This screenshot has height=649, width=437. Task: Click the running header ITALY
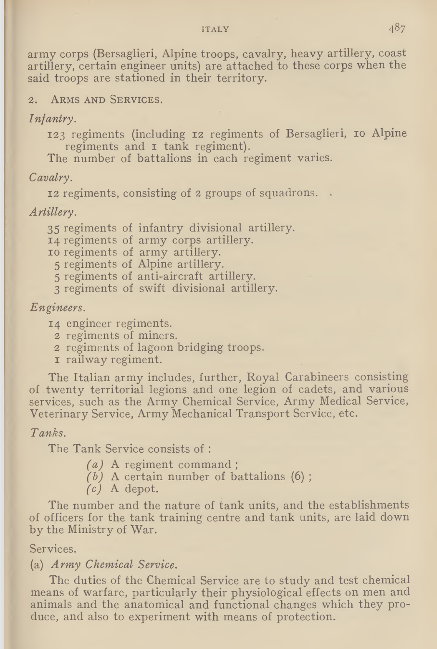coord(215,29)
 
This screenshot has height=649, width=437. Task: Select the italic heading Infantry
coord(52,118)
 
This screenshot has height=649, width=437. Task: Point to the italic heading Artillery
coord(52,212)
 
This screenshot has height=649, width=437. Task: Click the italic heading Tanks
coord(48,433)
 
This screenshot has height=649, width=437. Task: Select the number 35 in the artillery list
coord(54,228)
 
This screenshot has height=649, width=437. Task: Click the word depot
coord(141,489)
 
